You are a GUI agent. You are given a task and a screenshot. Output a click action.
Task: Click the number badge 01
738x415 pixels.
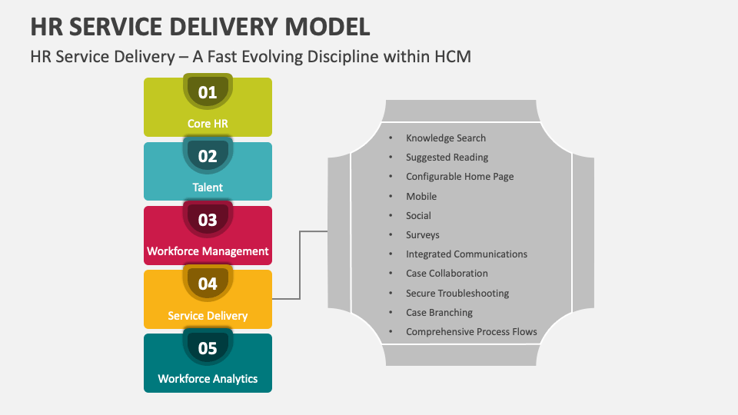click(208, 93)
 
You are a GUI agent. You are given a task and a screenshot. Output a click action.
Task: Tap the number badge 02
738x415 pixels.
click(208, 157)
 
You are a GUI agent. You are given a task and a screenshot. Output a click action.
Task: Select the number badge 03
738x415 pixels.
click(208, 221)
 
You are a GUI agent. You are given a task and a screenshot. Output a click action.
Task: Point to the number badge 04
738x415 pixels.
click(208, 284)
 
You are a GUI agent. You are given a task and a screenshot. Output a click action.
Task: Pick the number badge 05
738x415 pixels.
click(208, 348)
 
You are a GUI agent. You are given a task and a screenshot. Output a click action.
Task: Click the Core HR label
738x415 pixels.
click(208, 124)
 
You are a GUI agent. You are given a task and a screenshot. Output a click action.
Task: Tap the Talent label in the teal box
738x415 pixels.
click(208, 188)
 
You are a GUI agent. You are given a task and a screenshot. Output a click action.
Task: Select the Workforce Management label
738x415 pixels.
click(208, 251)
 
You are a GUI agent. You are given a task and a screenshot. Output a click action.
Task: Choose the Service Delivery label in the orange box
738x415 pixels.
click(208, 316)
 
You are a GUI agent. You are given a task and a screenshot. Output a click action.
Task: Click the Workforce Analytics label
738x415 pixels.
click(208, 379)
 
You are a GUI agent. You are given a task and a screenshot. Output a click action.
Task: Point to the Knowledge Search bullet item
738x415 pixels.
click(446, 138)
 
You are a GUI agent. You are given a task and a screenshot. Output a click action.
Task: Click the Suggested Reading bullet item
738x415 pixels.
click(447, 158)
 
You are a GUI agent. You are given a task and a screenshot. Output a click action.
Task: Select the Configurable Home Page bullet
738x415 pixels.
click(460, 177)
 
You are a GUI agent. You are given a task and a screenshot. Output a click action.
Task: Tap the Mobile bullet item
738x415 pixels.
click(421, 197)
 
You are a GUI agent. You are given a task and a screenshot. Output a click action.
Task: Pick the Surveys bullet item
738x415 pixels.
click(423, 235)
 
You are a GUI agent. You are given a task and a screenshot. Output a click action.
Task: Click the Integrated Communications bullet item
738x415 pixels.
click(467, 254)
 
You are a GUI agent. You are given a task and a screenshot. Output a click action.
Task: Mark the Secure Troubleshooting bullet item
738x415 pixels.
click(457, 294)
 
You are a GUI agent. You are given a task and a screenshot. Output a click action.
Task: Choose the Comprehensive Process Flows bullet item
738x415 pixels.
click(471, 332)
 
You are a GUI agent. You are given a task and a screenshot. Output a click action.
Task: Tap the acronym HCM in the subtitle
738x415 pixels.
click(452, 57)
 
